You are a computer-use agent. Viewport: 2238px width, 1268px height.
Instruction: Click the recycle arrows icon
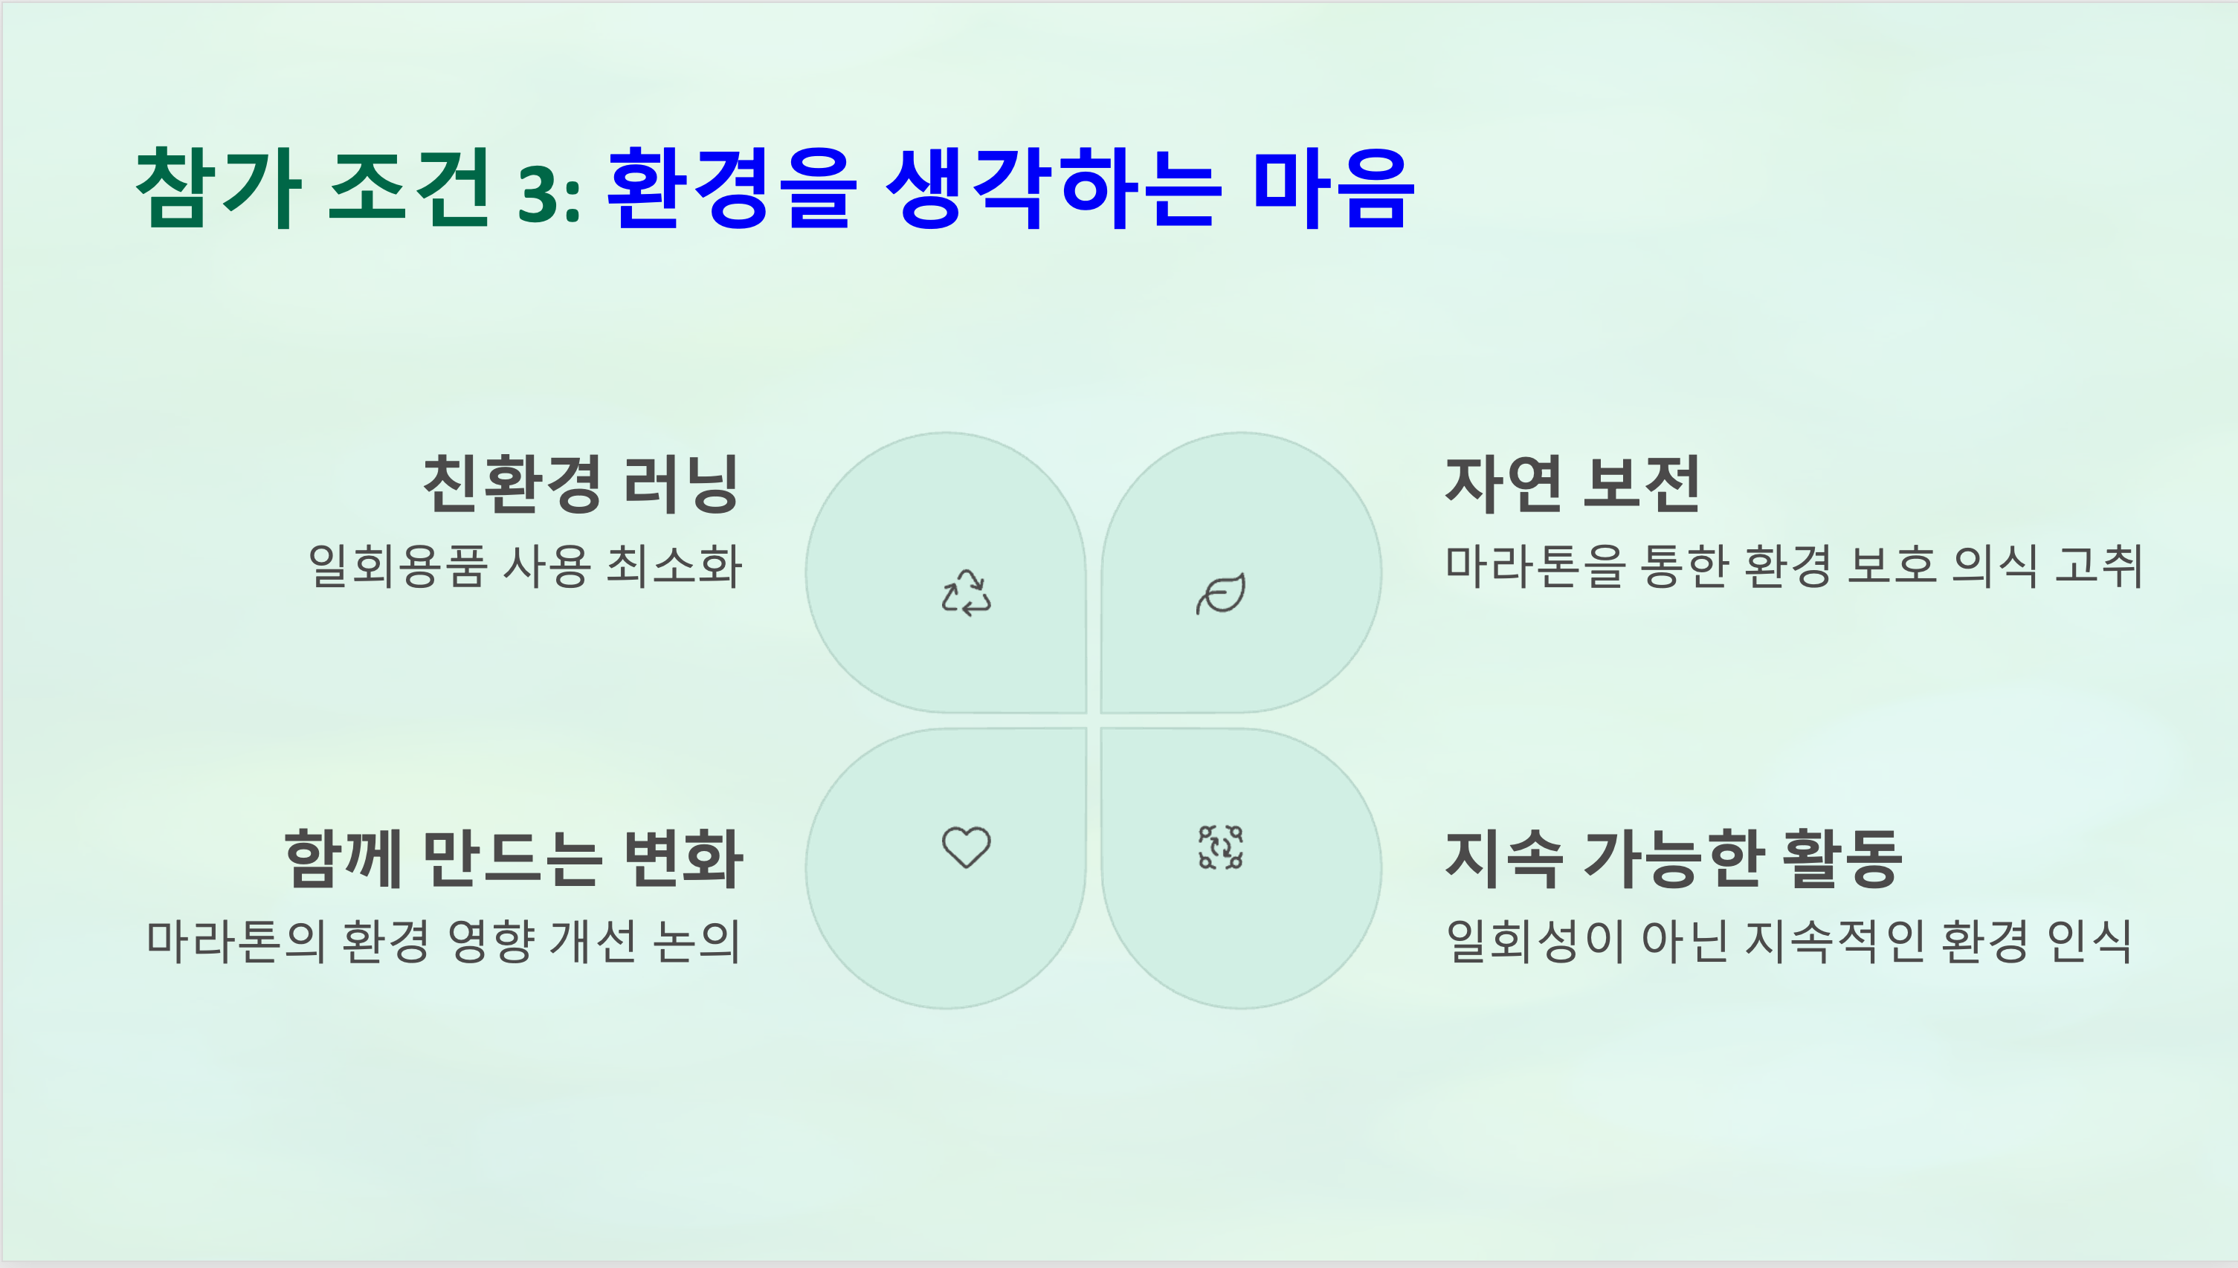pyautogui.click(x=966, y=593)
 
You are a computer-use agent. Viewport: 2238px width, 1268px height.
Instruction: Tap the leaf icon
pyautogui.click(x=1220, y=594)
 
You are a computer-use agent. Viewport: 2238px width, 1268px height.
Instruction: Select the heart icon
pyautogui.click(x=966, y=847)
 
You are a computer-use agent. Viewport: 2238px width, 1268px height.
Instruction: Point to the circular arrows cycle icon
pyautogui.click(x=1220, y=847)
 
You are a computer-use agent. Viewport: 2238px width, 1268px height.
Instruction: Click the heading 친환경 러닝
pyautogui.click(x=581, y=484)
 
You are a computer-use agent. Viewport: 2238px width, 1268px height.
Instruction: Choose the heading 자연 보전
pyautogui.click(x=1573, y=484)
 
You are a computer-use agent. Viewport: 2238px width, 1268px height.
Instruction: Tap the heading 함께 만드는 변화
pyautogui.click(x=514, y=858)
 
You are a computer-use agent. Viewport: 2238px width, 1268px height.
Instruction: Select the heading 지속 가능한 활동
pyautogui.click(x=1674, y=858)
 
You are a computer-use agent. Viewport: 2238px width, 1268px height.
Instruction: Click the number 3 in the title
pyautogui.click(x=538, y=193)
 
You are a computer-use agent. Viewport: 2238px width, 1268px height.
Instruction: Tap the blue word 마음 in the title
pyautogui.click(x=1333, y=187)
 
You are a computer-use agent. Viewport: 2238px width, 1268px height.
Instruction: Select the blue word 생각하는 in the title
pyautogui.click(x=1051, y=187)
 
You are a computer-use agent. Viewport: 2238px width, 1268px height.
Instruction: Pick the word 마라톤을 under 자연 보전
pyautogui.click(x=1535, y=566)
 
